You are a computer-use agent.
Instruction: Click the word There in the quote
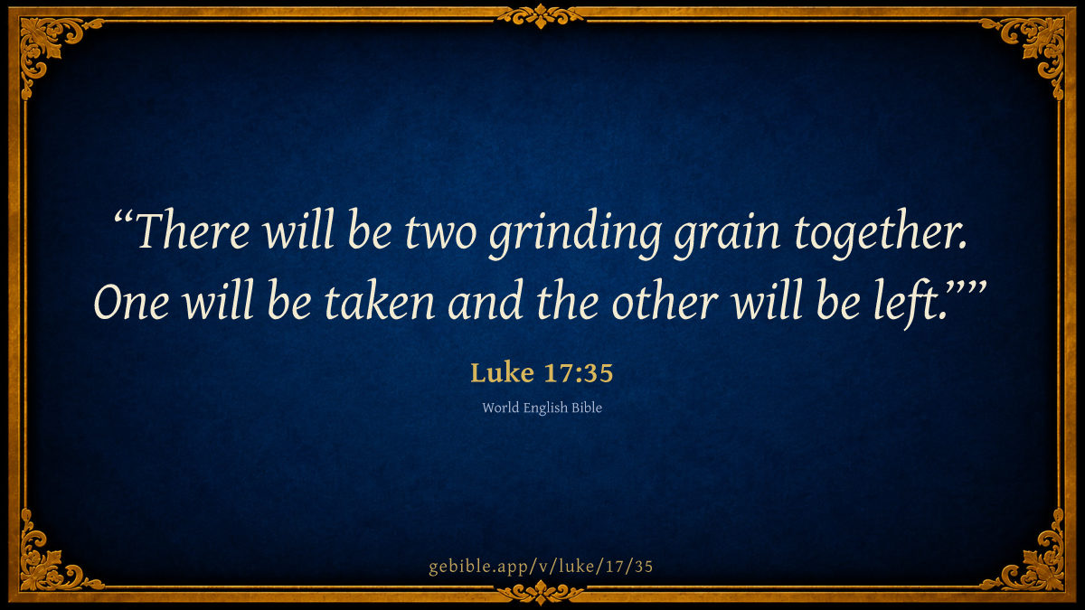tap(193, 230)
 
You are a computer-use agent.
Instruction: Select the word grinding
tap(575, 234)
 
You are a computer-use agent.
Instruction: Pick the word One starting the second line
tap(132, 302)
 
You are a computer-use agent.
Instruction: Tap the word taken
tap(379, 300)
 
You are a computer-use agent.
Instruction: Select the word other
tap(665, 300)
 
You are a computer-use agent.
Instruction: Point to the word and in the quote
tap(485, 300)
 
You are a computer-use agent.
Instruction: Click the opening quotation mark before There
tap(123, 216)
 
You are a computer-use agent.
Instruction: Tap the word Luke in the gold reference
tap(503, 372)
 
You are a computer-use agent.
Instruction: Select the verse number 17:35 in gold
tap(579, 373)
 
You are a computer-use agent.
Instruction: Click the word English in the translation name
tap(545, 408)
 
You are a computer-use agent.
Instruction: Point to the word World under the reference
tap(501, 408)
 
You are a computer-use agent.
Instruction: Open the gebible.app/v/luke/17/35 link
tap(541, 567)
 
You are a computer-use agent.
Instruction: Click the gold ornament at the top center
tap(541, 15)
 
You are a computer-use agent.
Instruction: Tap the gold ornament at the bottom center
tap(541, 593)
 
